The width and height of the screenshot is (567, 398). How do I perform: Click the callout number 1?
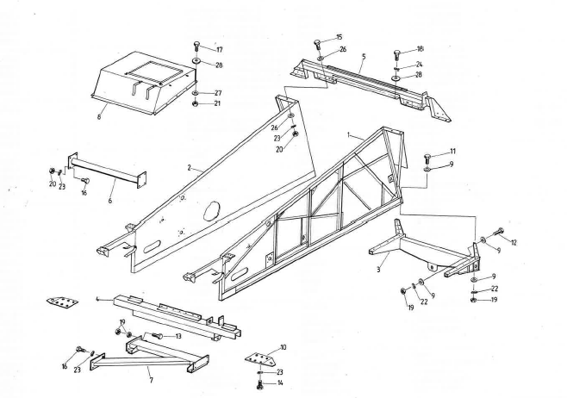coord(347,135)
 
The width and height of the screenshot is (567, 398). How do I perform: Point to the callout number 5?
coord(364,57)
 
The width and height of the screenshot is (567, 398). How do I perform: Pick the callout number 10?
coord(283,346)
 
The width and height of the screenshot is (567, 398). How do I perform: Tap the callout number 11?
coord(452,152)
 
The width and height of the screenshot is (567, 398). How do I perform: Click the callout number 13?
coord(178,336)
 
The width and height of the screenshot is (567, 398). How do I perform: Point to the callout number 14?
coord(280,382)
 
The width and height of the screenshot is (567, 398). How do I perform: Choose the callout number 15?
coord(339,37)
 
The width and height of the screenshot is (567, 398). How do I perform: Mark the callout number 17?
coord(219,49)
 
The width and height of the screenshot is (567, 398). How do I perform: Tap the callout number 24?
coord(420,64)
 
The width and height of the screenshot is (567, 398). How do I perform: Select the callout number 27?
coord(218,91)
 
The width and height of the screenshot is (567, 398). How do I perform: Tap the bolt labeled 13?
coord(158,335)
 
